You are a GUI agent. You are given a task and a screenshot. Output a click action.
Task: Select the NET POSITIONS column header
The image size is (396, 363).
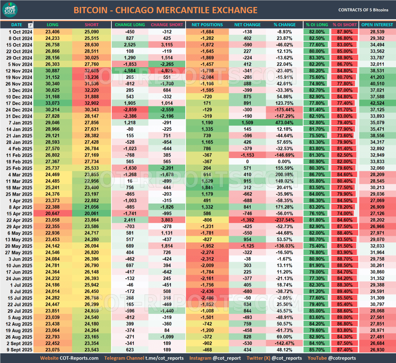(207, 25)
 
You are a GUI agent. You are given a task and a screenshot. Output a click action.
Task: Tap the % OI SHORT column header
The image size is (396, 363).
(345, 25)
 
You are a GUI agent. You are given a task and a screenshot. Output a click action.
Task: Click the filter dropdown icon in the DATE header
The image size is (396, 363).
(31, 25)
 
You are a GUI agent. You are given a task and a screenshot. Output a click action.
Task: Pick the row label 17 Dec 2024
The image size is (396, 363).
(17, 103)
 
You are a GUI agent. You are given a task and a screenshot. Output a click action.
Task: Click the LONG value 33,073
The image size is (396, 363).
(53, 103)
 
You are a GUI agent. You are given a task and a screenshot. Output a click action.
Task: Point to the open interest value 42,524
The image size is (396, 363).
(377, 103)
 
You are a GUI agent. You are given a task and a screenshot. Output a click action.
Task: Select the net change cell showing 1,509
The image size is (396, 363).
(247, 123)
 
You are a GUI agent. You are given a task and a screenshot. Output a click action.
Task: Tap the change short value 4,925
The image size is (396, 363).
(167, 71)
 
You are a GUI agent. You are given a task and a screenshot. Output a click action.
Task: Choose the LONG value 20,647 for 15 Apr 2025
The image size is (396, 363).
(53, 214)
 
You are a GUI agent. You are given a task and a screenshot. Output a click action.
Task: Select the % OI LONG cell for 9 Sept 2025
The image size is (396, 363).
(317, 350)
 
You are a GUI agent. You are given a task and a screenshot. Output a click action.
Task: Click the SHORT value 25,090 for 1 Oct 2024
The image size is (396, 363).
(92, 32)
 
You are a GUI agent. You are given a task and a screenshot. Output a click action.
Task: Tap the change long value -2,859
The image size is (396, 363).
(130, 110)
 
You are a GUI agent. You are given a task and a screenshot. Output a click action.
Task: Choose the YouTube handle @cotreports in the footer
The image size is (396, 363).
(342, 358)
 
